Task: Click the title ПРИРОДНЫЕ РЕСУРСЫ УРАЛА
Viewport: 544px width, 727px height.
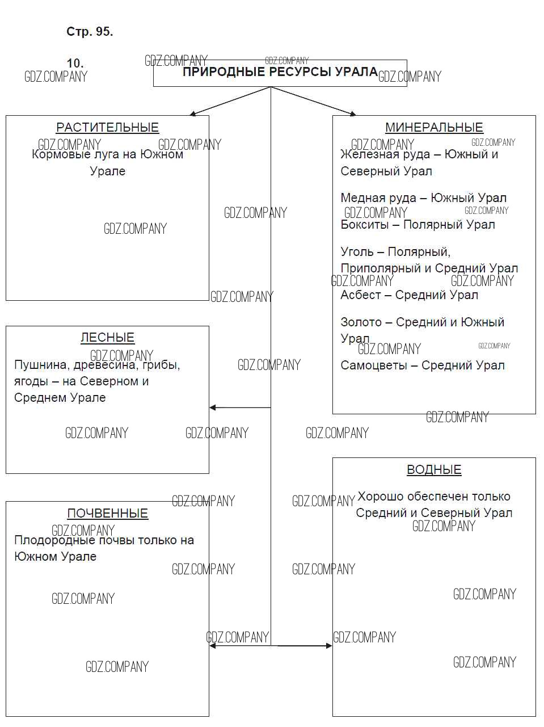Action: [x=280, y=72]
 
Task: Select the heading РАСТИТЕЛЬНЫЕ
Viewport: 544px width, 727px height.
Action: [x=107, y=128]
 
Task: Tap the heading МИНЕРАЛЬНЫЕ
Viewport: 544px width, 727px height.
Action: [x=434, y=128]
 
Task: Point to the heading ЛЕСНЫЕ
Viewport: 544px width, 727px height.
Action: [x=107, y=338]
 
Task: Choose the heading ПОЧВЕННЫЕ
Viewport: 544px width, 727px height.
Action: [x=107, y=514]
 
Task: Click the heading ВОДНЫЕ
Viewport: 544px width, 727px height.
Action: [x=434, y=470]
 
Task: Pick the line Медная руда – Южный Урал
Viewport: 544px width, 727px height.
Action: [x=423, y=198]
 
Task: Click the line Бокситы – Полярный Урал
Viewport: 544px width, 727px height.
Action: [x=418, y=225]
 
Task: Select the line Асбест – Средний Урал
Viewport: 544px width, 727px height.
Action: [x=409, y=295]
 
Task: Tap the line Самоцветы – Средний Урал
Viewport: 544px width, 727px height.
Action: [x=422, y=365]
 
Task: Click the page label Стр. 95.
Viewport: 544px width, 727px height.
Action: [x=90, y=32]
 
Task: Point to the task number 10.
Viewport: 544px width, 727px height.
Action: [x=75, y=63]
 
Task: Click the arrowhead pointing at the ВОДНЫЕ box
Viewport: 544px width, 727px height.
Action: [x=328, y=646]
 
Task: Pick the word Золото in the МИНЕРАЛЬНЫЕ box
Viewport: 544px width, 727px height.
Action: [x=361, y=322]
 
